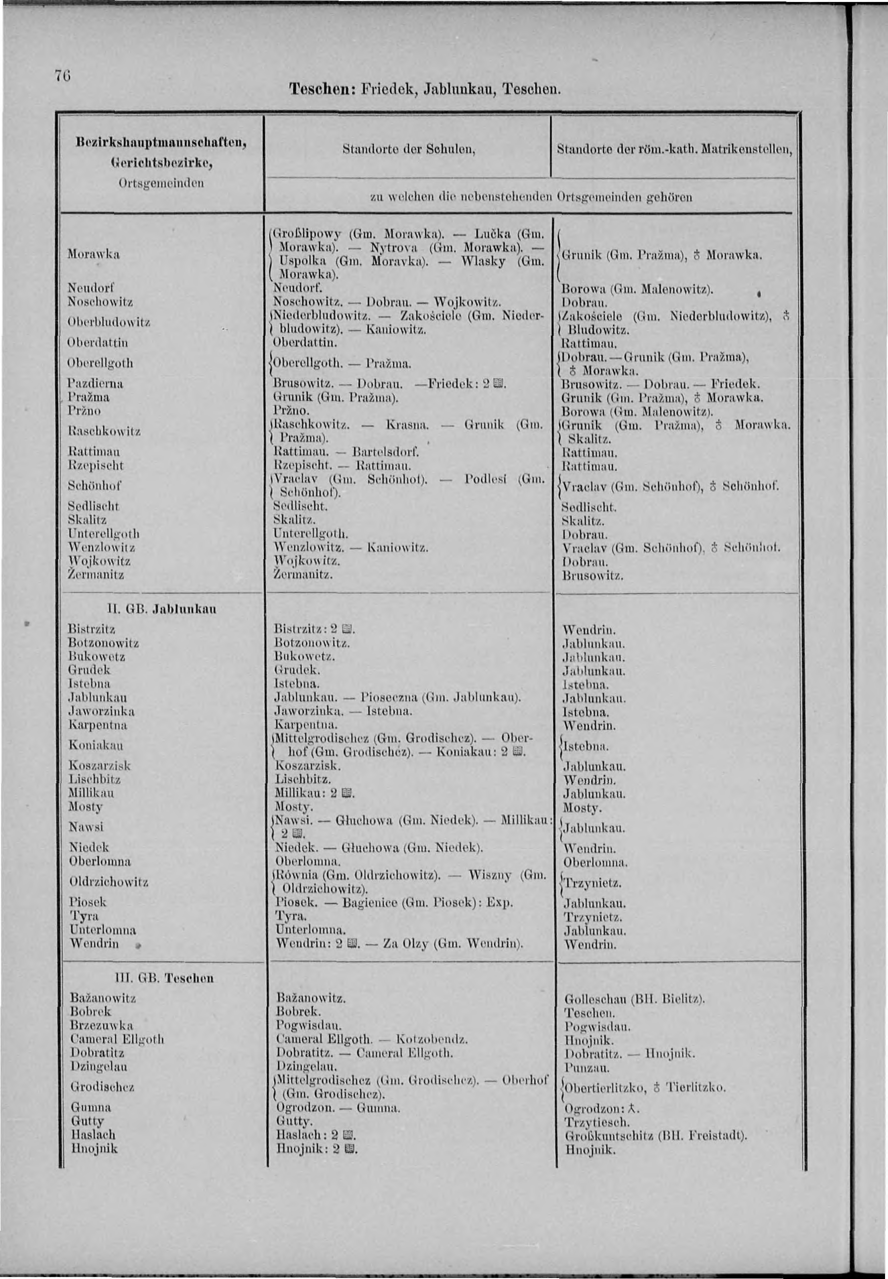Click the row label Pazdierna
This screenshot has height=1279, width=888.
click(x=95, y=384)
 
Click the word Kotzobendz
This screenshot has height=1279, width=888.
click(x=431, y=1039)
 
